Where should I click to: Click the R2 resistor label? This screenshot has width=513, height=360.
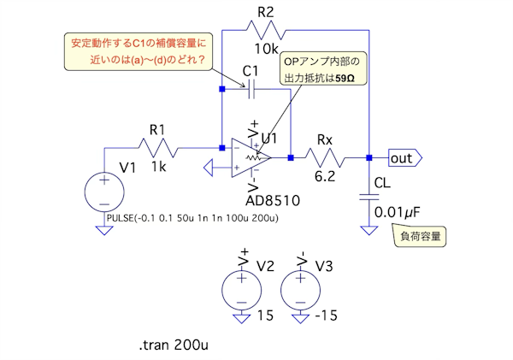pyautogui.click(x=266, y=11)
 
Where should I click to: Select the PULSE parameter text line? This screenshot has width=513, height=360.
pyautogui.click(x=193, y=220)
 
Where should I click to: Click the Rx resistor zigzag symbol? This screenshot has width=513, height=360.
pyautogui.click(x=326, y=157)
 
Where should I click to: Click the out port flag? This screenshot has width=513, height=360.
pyautogui.click(x=403, y=157)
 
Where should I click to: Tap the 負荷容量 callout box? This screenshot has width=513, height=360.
pyautogui.click(x=419, y=236)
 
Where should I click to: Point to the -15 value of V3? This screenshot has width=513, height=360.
pyautogui.click(x=326, y=316)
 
